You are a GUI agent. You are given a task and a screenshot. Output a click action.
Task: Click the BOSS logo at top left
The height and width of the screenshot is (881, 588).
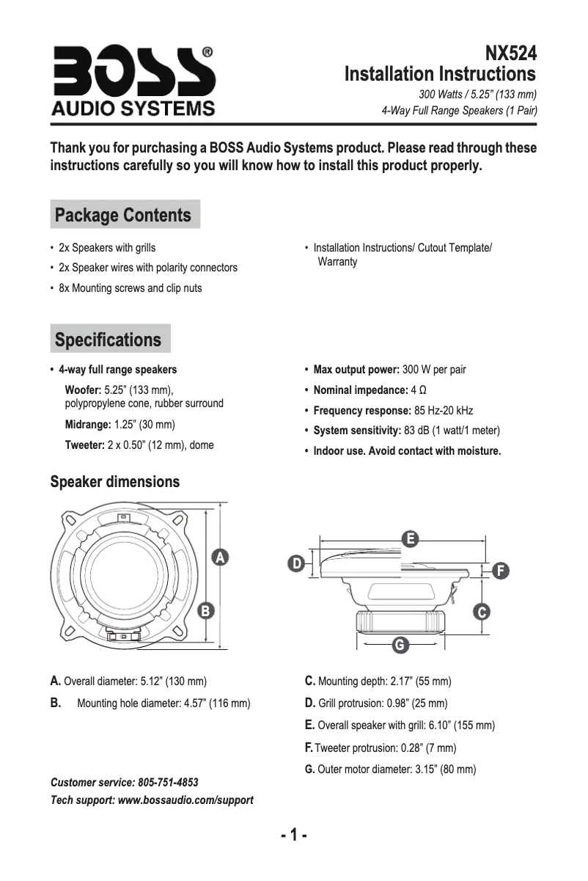point(133,81)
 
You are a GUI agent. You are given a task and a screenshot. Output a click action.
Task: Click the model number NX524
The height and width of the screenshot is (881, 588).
point(510,54)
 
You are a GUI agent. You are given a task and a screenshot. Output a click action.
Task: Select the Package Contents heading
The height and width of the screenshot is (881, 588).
point(123,215)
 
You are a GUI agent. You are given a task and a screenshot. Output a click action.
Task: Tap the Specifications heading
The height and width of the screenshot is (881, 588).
point(109,340)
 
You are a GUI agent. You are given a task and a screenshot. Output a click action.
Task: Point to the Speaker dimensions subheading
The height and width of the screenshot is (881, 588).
point(114,482)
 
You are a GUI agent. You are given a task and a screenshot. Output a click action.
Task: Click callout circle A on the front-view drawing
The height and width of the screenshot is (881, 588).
point(218,558)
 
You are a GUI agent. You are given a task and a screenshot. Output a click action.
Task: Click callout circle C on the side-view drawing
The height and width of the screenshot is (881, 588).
point(481,611)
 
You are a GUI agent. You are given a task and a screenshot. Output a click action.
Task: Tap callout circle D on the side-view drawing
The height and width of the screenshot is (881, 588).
point(295,563)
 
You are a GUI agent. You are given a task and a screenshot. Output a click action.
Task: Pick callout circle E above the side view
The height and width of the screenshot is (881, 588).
point(411,538)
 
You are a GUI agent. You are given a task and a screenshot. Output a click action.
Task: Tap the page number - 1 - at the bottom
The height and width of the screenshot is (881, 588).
point(293,836)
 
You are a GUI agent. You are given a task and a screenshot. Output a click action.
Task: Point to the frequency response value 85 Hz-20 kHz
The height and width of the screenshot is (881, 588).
point(444,410)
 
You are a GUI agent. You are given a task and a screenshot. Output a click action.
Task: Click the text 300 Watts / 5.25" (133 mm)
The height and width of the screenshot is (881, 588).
point(477,95)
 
